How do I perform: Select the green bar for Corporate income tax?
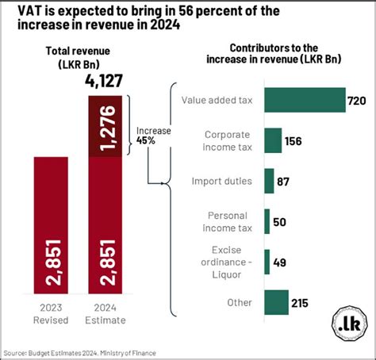coord(273,140)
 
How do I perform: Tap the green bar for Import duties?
coord(269,181)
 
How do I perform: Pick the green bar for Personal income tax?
coord(267,221)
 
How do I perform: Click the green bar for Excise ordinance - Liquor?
coord(267,262)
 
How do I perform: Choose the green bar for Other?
coord(276,302)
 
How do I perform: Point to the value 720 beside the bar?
coord(357,100)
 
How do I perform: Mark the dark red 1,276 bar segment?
coord(106,125)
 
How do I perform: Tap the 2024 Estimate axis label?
coord(106,312)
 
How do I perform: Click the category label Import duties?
coord(222,181)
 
